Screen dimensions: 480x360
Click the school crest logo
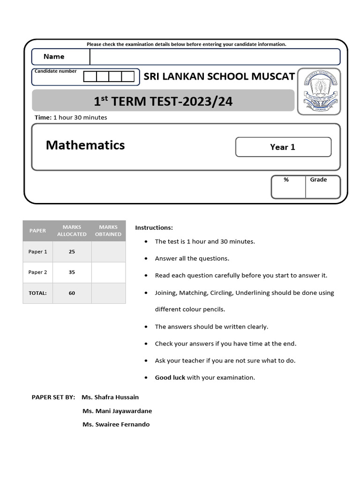click(x=319, y=91)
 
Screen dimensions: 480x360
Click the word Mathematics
click(x=85, y=145)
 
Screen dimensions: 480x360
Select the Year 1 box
click(x=283, y=147)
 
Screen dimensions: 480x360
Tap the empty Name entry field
click(x=215, y=57)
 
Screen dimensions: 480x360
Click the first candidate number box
click(x=90, y=76)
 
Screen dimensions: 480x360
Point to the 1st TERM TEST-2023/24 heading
click(x=163, y=101)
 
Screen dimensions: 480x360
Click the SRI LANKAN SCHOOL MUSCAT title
click(x=219, y=76)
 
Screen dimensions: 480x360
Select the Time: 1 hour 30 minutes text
click(x=71, y=118)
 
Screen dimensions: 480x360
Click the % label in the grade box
click(x=286, y=180)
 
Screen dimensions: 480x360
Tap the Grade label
click(x=318, y=180)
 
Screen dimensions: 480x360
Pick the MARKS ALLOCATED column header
click(x=72, y=231)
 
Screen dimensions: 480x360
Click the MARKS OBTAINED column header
click(x=108, y=231)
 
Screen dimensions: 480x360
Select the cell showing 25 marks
click(x=72, y=252)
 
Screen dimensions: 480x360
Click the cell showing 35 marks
click(x=72, y=272)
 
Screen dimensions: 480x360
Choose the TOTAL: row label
click(x=37, y=293)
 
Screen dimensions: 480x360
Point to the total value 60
click(x=72, y=293)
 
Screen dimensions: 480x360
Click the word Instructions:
click(x=154, y=228)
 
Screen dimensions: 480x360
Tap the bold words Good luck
click(x=170, y=378)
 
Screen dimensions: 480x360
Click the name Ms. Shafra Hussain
click(x=110, y=397)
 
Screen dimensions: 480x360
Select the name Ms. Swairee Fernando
click(x=116, y=425)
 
